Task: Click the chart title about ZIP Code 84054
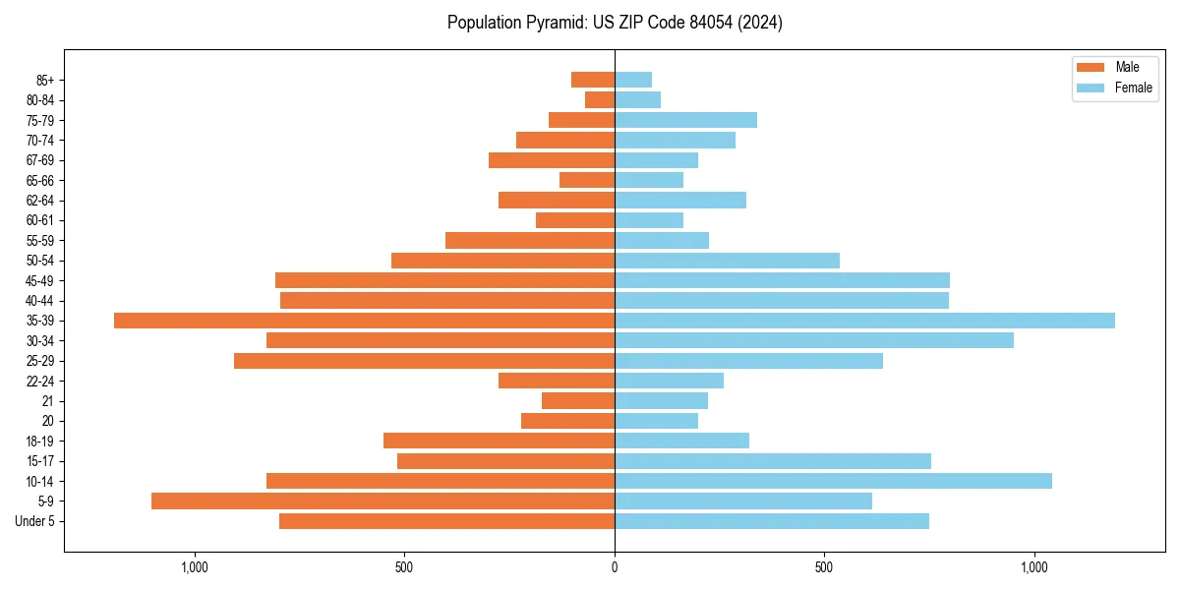pos(615,23)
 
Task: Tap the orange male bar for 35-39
pos(364,321)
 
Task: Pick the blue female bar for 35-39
pos(864,321)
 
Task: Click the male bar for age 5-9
pos(383,501)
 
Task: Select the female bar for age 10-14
pos(833,481)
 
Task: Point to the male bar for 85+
pos(593,80)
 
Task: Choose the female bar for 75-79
pos(685,120)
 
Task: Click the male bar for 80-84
pos(600,99)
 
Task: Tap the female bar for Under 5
pos(772,521)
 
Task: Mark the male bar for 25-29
pos(424,361)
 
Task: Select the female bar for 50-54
pos(727,261)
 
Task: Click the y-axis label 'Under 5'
pos(35,521)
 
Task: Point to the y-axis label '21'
pos(47,401)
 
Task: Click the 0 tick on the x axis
pos(615,567)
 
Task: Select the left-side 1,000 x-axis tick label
pos(195,567)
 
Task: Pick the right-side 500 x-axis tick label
pos(824,567)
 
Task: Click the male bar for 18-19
pos(499,441)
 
